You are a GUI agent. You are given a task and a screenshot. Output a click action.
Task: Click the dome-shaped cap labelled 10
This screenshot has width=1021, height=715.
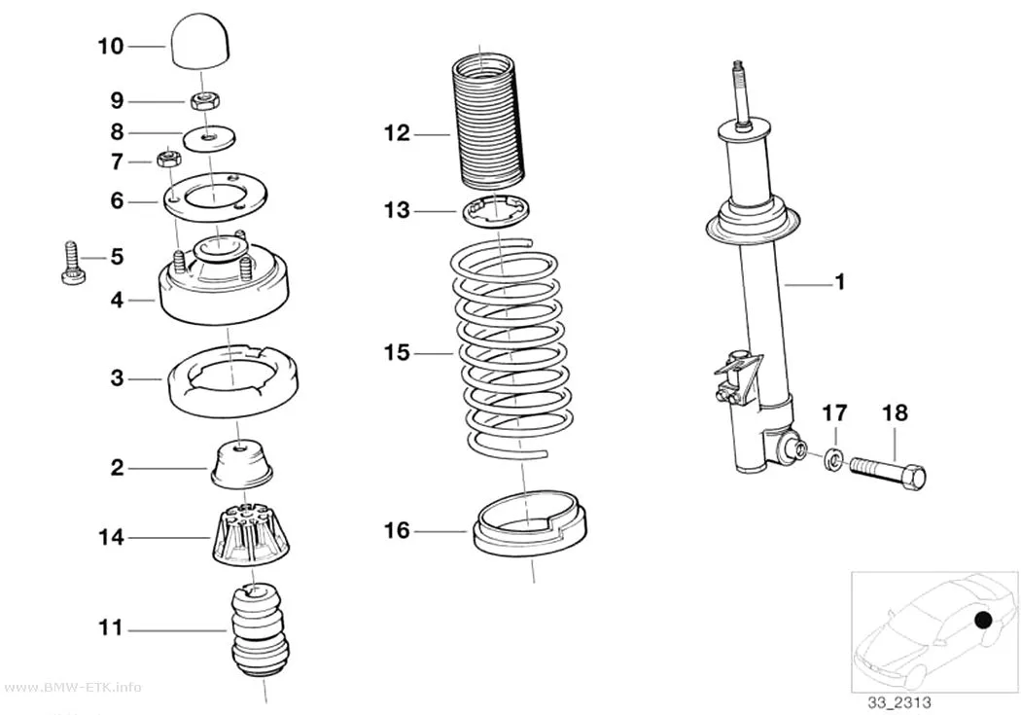[x=201, y=43]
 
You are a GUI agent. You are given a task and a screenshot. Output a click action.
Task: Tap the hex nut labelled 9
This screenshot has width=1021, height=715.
[x=206, y=100]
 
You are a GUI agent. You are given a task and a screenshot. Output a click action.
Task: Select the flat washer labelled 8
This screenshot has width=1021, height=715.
[x=209, y=137]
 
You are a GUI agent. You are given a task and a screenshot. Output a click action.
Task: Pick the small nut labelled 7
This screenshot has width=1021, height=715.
[x=168, y=159]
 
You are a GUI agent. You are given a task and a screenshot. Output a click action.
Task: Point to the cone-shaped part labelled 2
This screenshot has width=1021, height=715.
[x=241, y=463]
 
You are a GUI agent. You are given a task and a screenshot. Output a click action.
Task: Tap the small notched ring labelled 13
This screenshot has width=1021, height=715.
[x=496, y=212]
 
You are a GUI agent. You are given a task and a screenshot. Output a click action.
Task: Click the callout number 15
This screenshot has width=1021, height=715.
[x=397, y=353]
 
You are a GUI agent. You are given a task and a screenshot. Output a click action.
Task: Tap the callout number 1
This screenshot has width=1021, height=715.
[x=840, y=282]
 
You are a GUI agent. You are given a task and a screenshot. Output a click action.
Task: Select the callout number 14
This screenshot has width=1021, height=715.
[x=111, y=538]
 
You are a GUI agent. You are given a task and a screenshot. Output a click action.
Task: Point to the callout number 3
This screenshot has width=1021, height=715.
[x=118, y=377]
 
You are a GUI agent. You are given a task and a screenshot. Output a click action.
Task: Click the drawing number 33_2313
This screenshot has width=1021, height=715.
[x=898, y=702]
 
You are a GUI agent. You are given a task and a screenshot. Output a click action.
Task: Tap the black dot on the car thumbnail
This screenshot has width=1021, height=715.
[x=983, y=621]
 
